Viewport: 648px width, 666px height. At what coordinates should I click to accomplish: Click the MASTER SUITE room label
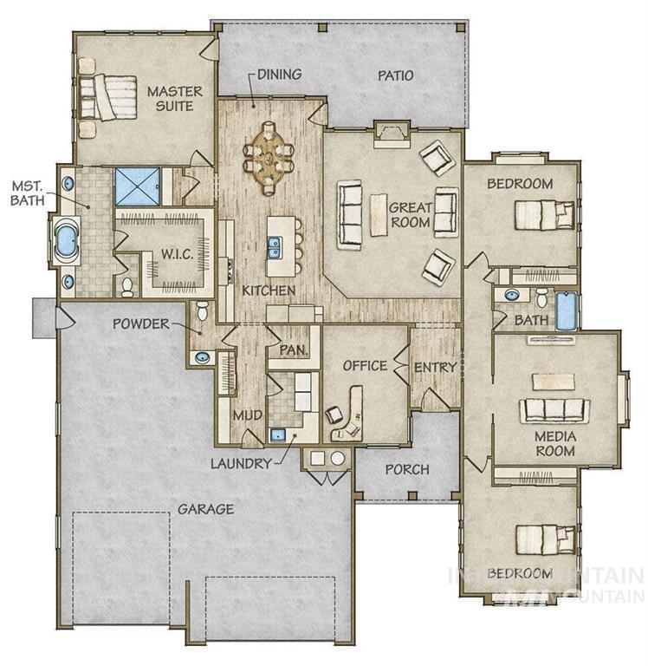tap(174, 98)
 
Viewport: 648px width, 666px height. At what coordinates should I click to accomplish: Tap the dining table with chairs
tap(269, 159)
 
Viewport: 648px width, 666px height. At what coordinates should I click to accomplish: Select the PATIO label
tap(395, 75)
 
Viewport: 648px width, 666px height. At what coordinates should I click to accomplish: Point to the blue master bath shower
tap(138, 186)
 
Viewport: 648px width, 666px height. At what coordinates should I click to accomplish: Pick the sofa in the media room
tap(555, 409)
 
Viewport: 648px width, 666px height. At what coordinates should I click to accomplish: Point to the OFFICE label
tap(365, 365)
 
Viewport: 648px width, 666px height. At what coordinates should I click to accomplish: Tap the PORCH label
tap(406, 469)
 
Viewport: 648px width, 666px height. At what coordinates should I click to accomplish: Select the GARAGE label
tap(205, 508)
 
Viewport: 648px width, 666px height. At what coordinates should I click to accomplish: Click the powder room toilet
tap(202, 310)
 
